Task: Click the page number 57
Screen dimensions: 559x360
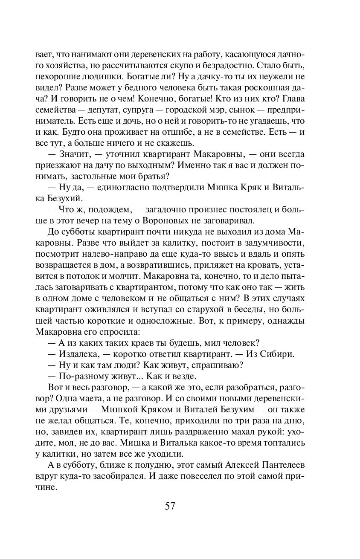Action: pos(170,506)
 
